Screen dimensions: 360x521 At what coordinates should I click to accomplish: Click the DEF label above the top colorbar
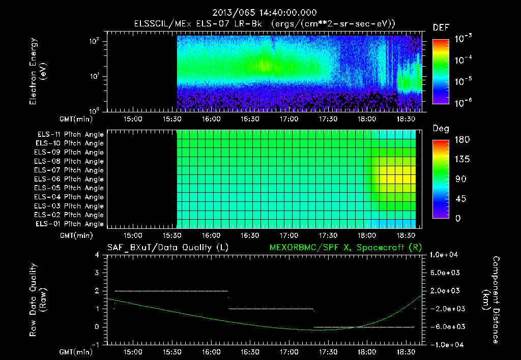coord(441,27)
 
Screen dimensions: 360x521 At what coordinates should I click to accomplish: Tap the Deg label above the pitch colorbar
coord(440,129)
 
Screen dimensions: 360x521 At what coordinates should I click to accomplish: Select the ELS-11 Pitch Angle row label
coord(70,135)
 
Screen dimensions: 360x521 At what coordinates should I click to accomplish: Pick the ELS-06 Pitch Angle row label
coord(70,179)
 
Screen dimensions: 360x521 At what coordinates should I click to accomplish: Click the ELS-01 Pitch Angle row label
coord(70,224)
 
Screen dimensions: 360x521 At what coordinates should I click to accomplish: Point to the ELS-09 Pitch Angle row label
coord(70,153)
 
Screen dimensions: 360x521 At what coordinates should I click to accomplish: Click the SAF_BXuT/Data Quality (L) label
coord(167,247)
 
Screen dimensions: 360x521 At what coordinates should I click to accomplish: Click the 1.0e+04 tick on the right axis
coord(446,255)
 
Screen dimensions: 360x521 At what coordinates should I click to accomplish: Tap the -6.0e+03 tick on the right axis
coord(446,326)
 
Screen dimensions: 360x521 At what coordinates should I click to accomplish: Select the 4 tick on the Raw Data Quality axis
coord(97,255)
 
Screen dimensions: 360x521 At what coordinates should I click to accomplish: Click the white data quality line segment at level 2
coord(171,291)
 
